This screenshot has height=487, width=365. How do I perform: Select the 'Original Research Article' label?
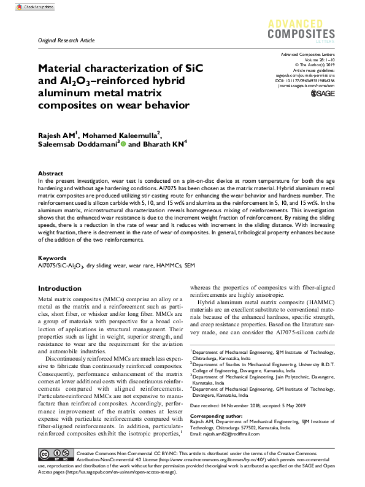[66, 40]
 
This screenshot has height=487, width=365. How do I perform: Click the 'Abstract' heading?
[50, 174]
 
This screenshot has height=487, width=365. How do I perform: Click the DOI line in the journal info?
[305, 80]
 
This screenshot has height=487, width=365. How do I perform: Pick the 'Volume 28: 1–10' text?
[316, 60]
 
